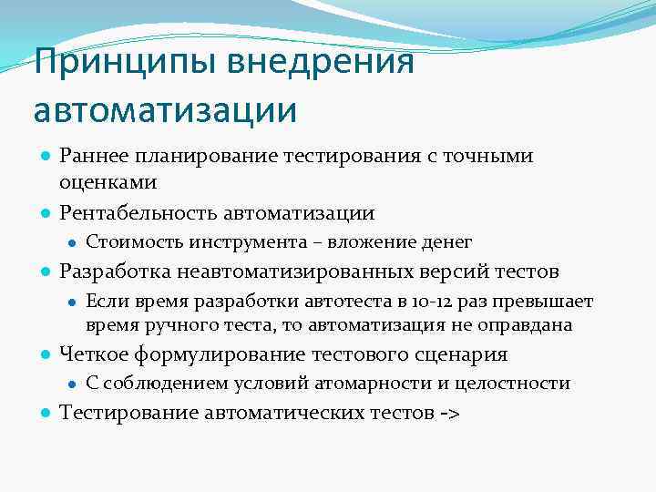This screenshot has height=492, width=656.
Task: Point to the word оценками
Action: (x=108, y=182)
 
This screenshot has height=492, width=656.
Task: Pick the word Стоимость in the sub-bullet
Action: (x=134, y=242)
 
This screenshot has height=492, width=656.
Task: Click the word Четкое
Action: (x=92, y=354)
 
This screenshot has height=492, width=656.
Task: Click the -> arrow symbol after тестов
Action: (x=449, y=413)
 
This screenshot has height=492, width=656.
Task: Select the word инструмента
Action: (x=241, y=242)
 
